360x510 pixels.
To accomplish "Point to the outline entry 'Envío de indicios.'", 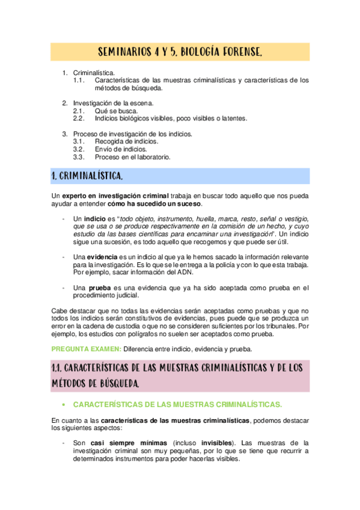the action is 120,149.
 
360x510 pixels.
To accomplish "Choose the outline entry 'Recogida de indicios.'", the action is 126,141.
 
